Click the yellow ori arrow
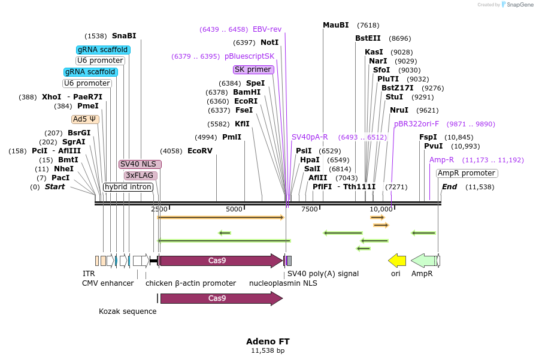point(397,261)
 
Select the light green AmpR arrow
point(425,261)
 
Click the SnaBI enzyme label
point(124,35)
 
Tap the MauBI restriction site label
point(335,25)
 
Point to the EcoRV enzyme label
point(200,150)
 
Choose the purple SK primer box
point(253,69)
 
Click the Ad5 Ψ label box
point(85,119)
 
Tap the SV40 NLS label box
point(140,164)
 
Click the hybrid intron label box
point(128,187)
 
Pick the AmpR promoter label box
point(467,173)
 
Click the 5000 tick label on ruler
point(234,209)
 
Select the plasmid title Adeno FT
point(268,341)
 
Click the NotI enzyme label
point(269,43)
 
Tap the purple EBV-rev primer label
point(267,29)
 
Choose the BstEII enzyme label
point(368,38)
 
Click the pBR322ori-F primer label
point(416,124)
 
